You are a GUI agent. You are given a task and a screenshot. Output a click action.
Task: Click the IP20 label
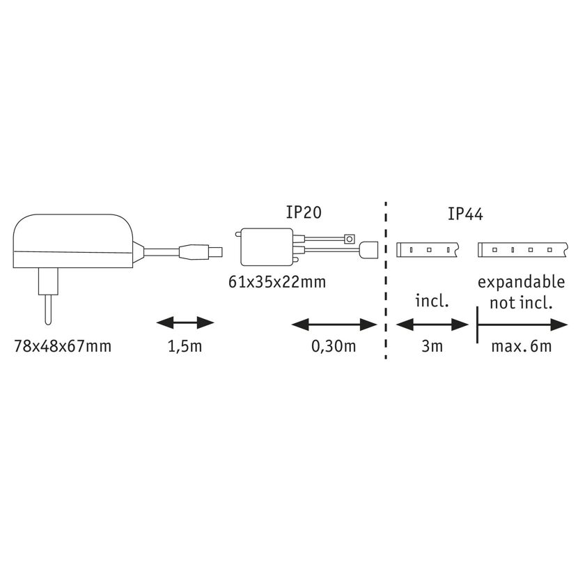[x=304, y=212]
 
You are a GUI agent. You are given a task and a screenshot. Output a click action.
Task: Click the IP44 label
[x=465, y=214]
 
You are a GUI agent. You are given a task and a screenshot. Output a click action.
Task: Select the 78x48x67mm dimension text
[x=63, y=346]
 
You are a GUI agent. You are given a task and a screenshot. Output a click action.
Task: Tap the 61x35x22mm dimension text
[x=277, y=282]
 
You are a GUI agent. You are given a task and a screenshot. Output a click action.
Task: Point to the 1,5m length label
[x=185, y=347]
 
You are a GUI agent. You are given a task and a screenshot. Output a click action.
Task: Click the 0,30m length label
[x=334, y=347]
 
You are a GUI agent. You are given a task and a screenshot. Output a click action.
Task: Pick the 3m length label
[x=432, y=346]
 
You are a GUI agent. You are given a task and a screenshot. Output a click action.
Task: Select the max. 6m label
[x=522, y=346]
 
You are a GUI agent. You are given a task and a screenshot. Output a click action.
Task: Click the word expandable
[x=521, y=283]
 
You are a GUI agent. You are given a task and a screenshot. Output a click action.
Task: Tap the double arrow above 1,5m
[x=185, y=322]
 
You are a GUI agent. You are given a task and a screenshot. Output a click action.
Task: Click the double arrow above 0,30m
[x=334, y=325]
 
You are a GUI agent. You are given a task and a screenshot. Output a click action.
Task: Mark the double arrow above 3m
[x=432, y=325]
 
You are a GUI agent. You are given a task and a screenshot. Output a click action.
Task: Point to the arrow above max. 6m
[x=522, y=325]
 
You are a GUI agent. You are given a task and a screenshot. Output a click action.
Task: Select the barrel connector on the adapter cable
[x=201, y=252]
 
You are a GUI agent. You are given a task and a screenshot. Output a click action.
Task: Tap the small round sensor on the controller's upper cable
[x=350, y=239]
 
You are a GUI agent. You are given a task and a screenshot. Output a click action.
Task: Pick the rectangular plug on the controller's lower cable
[x=369, y=249]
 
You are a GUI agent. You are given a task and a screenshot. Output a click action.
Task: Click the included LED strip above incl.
[x=427, y=249]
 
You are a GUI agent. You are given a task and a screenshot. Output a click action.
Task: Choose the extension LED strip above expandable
[x=523, y=249]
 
